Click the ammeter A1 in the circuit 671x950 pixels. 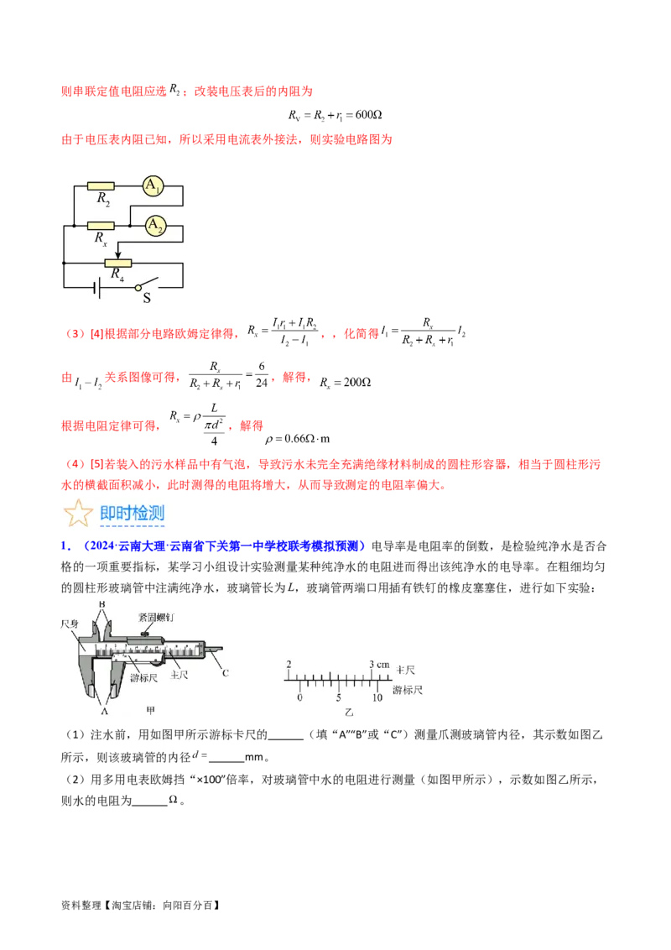click(x=152, y=185)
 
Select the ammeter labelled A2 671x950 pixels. click(x=154, y=225)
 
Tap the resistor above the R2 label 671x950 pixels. click(x=101, y=185)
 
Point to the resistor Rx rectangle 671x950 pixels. click(x=101, y=225)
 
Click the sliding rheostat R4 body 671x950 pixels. click(x=118, y=263)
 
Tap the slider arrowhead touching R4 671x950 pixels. click(x=118, y=255)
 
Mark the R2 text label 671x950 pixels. click(x=102, y=200)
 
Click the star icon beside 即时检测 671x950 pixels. click(x=78, y=514)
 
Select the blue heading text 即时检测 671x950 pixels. click(x=132, y=514)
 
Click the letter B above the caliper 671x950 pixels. click(x=102, y=604)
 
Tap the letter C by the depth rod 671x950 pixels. click(x=225, y=673)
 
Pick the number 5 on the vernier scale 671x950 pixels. click(x=339, y=697)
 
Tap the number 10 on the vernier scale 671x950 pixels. click(x=377, y=697)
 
